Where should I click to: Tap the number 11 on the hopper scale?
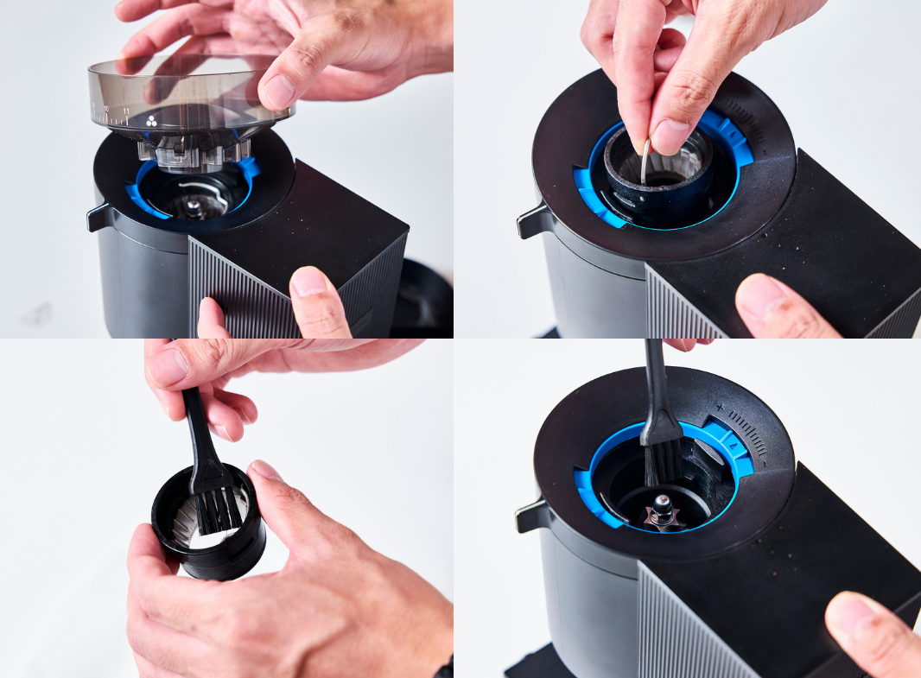tap(126, 112)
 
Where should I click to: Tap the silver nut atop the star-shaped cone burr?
tap(662, 501)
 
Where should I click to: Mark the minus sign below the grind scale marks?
tap(765, 462)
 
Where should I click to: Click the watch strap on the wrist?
tap(444, 668)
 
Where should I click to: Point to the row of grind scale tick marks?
tap(748, 432)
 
